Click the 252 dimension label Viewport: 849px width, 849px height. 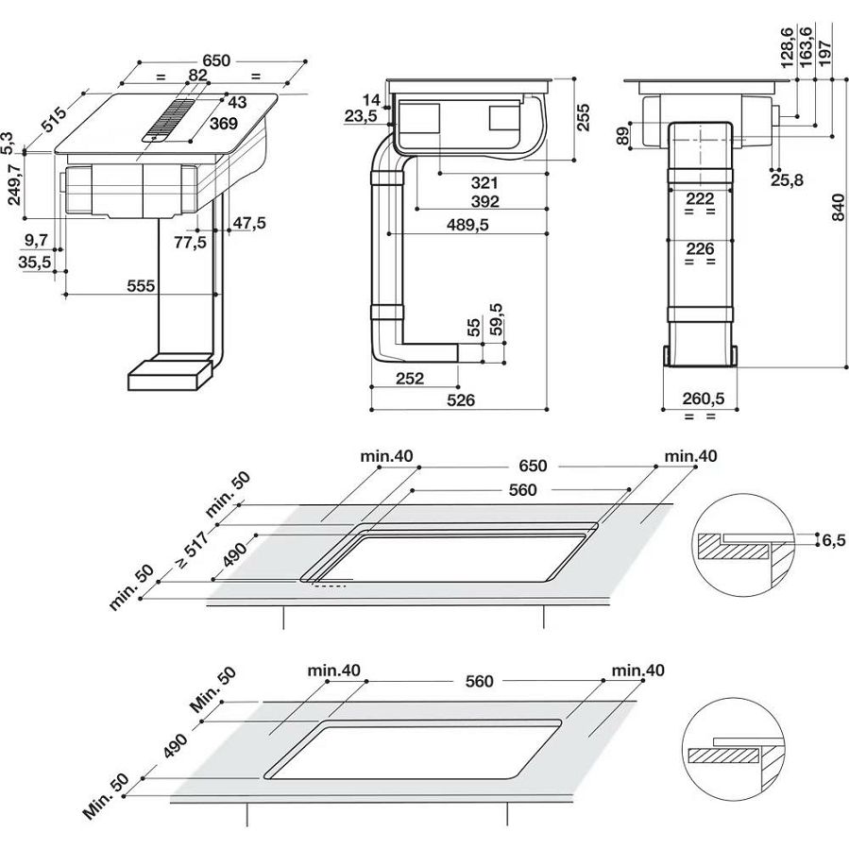[x=408, y=379]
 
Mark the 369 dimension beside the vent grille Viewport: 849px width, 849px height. [x=224, y=124]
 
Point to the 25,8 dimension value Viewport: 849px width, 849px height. [x=786, y=179]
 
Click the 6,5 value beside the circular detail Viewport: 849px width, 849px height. [x=832, y=540]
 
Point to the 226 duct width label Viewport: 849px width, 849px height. [x=700, y=248]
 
